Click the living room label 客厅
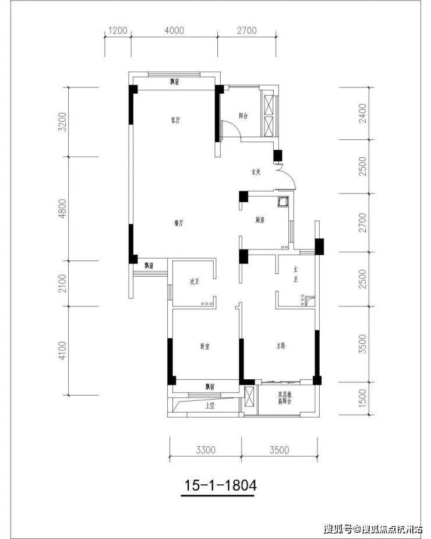pos(175,121)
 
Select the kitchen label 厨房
pos(260,220)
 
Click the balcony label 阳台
pos(244,116)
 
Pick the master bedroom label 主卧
pos(281,346)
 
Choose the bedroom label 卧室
pos(205,346)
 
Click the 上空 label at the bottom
pos(210,406)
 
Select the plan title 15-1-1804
pos(221,484)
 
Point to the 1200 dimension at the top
pos(117,31)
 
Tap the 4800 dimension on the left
pos(65,208)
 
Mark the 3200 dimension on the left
pos(65,122)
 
